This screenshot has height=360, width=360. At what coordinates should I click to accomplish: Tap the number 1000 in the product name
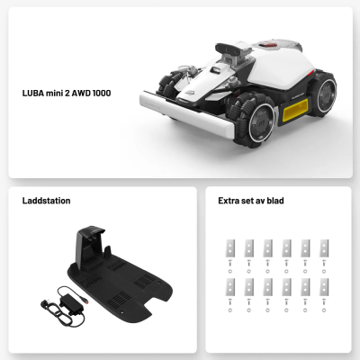click(102, 93)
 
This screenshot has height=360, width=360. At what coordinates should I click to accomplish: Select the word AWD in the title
click(81, 93)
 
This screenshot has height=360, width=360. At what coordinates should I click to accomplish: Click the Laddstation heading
click(47, 201)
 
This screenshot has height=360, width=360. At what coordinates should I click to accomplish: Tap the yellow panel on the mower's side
click(295, 110)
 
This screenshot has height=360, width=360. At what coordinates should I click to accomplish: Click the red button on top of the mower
click(268, 45)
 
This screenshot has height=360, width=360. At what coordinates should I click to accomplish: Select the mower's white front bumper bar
click(186, 114)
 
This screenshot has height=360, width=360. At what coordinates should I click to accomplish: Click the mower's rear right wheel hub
click(326, 93)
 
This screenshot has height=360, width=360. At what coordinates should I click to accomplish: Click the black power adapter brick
click(70, 303)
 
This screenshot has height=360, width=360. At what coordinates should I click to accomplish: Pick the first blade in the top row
click(230, 248)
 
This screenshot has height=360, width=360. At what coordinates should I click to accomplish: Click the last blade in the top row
click(324, 248)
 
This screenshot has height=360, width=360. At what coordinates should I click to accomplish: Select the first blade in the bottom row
click(230, 287)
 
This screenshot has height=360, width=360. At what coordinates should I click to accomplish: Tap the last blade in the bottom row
click(324, 287)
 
